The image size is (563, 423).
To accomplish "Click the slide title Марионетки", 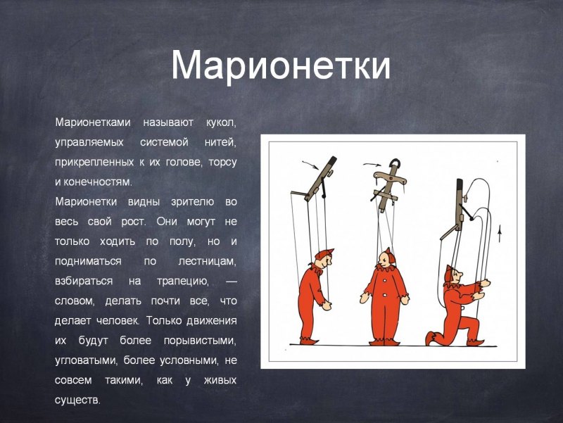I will (280, 65).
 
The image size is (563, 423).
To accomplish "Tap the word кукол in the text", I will (221, 122).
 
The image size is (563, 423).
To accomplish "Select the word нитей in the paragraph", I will (221, 141).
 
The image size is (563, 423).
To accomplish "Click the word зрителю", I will (192, 201).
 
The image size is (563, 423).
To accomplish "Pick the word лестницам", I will (205, 261).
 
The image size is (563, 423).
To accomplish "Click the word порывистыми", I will (197, 341).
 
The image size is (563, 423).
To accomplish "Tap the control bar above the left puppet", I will (320, 178).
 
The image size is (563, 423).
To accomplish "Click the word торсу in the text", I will (223, 162).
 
